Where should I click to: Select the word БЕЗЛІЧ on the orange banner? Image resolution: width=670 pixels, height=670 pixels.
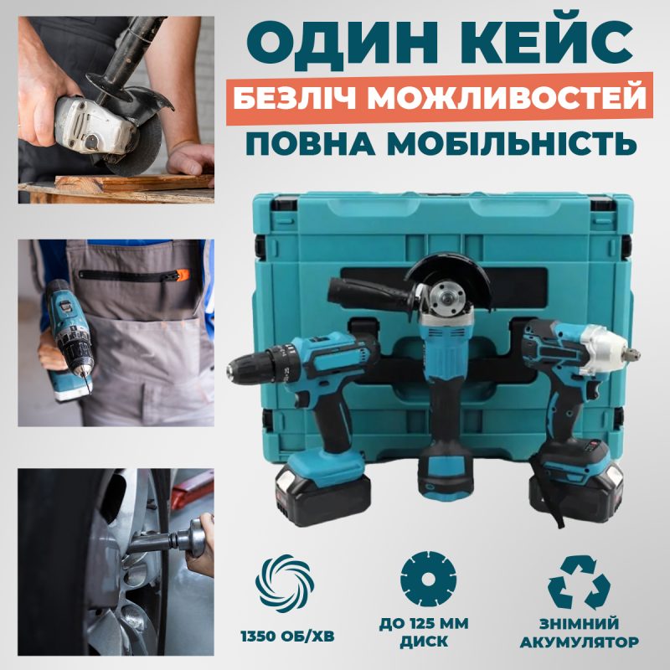pos(295,98)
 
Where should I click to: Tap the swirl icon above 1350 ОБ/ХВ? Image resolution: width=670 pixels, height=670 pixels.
pos(285,584)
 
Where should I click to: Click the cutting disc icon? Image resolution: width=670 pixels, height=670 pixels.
pos(429,579)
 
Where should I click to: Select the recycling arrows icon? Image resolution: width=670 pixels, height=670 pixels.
pos(580,582)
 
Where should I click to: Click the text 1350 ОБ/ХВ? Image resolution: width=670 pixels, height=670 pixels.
pos(287,636)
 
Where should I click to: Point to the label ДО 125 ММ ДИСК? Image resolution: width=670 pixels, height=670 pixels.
pos(424,632)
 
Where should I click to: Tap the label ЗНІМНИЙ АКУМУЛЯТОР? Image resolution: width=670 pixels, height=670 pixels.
pos(579,633)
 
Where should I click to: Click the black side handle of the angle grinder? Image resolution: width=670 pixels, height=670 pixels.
pos(368,290)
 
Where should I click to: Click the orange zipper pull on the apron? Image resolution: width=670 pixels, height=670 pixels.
pos(182,275)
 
